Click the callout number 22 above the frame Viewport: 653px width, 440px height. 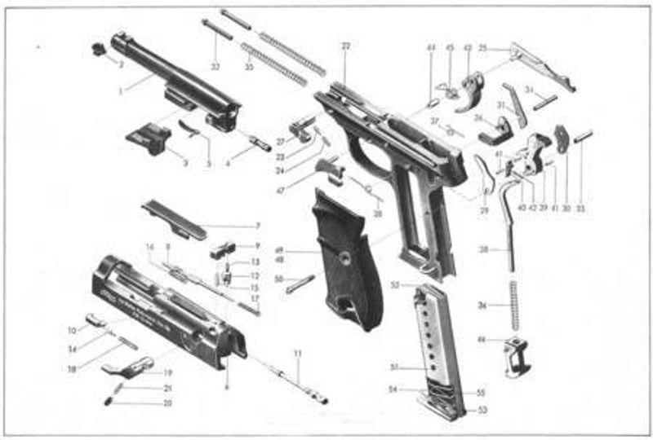[x=345, y=46]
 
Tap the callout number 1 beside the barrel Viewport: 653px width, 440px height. [x=120, y=90]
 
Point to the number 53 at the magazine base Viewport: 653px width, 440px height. [x=482, y=409]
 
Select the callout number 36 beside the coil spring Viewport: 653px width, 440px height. [x=482, y=306]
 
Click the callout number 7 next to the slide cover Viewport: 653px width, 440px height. [x=257, y=225]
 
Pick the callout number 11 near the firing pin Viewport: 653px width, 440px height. [x=298, y=353]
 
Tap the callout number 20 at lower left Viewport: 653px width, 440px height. [x=168, y=403]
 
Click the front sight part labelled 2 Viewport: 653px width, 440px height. [x=100, y=48]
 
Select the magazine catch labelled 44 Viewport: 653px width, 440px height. [x=518, y=355]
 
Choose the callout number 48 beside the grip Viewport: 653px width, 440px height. [x=278, y=260]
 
